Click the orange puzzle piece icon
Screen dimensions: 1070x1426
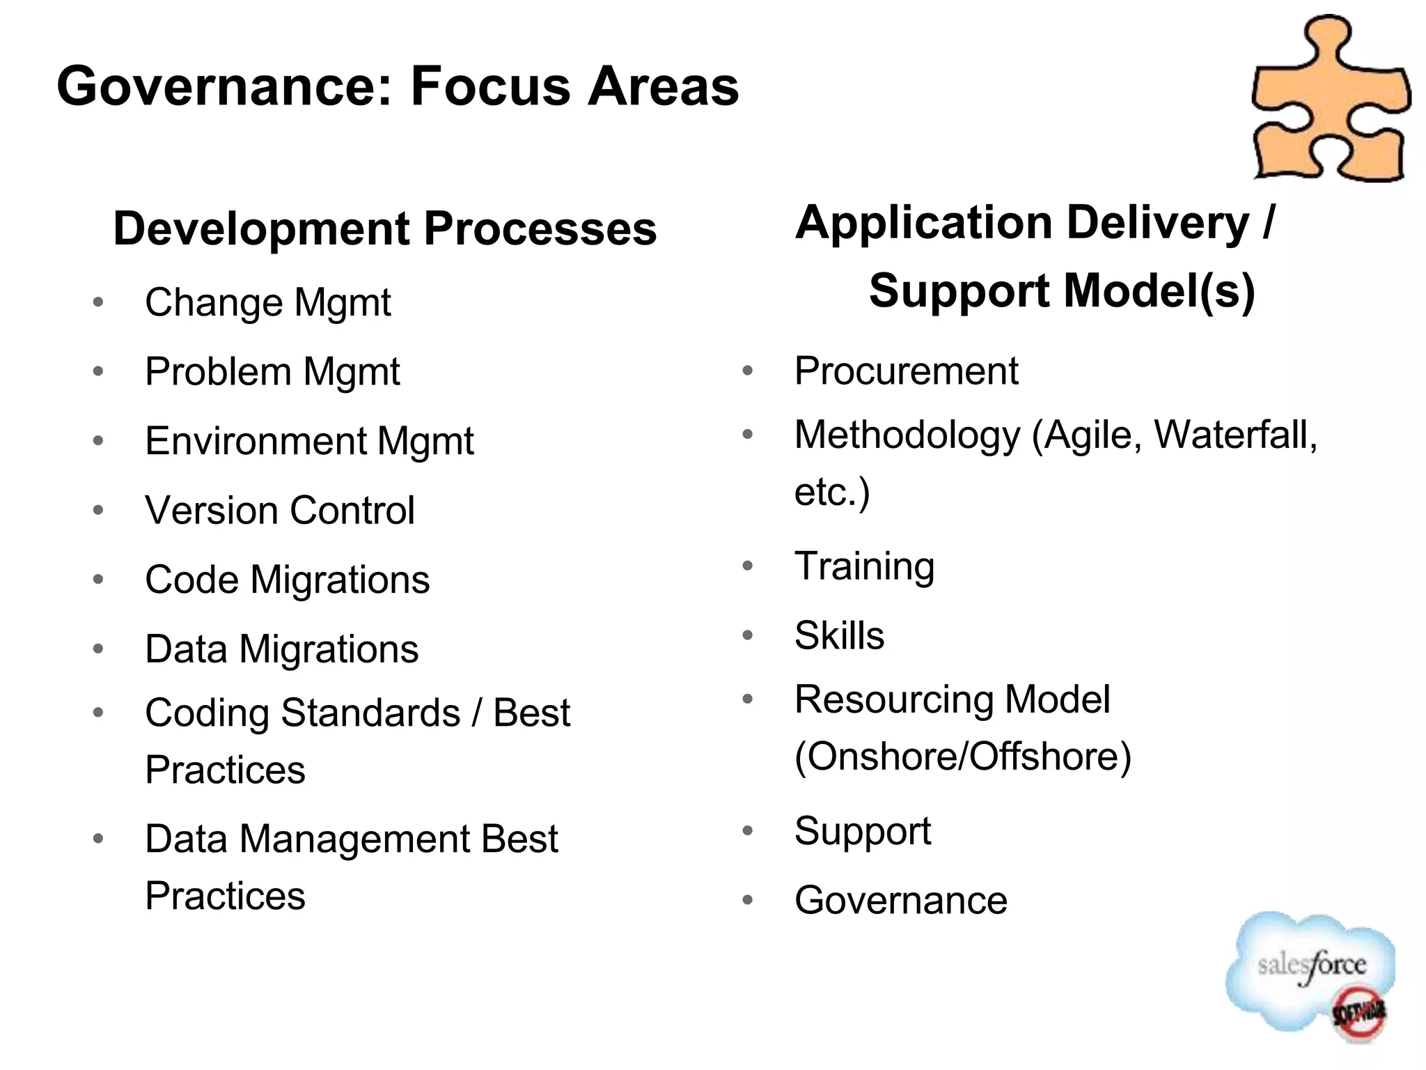pos(1330,101)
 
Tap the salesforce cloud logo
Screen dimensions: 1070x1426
pos(1309,972)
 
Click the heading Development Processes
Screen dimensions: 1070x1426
pos(384,228)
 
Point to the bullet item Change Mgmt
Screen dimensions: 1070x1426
pos(267,303)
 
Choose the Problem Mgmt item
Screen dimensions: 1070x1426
pos(272,371)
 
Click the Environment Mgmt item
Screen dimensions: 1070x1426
pos(309,441)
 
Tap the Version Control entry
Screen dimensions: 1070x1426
pos(280,511)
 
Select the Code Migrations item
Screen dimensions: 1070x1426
pos(287,580)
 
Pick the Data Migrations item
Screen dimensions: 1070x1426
pos(281,649)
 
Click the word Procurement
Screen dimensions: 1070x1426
pos(906,371)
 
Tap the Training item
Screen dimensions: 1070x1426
pos(864,566)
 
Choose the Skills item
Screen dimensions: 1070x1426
pos(839,635)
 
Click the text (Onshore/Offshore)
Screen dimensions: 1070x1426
pos(963,757)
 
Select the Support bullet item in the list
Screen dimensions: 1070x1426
pos(863,831)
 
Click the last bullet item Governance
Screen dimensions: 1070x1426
pos(900,901)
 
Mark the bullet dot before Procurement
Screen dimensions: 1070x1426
pos(748,371)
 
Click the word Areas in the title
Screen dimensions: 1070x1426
pos(663,87)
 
